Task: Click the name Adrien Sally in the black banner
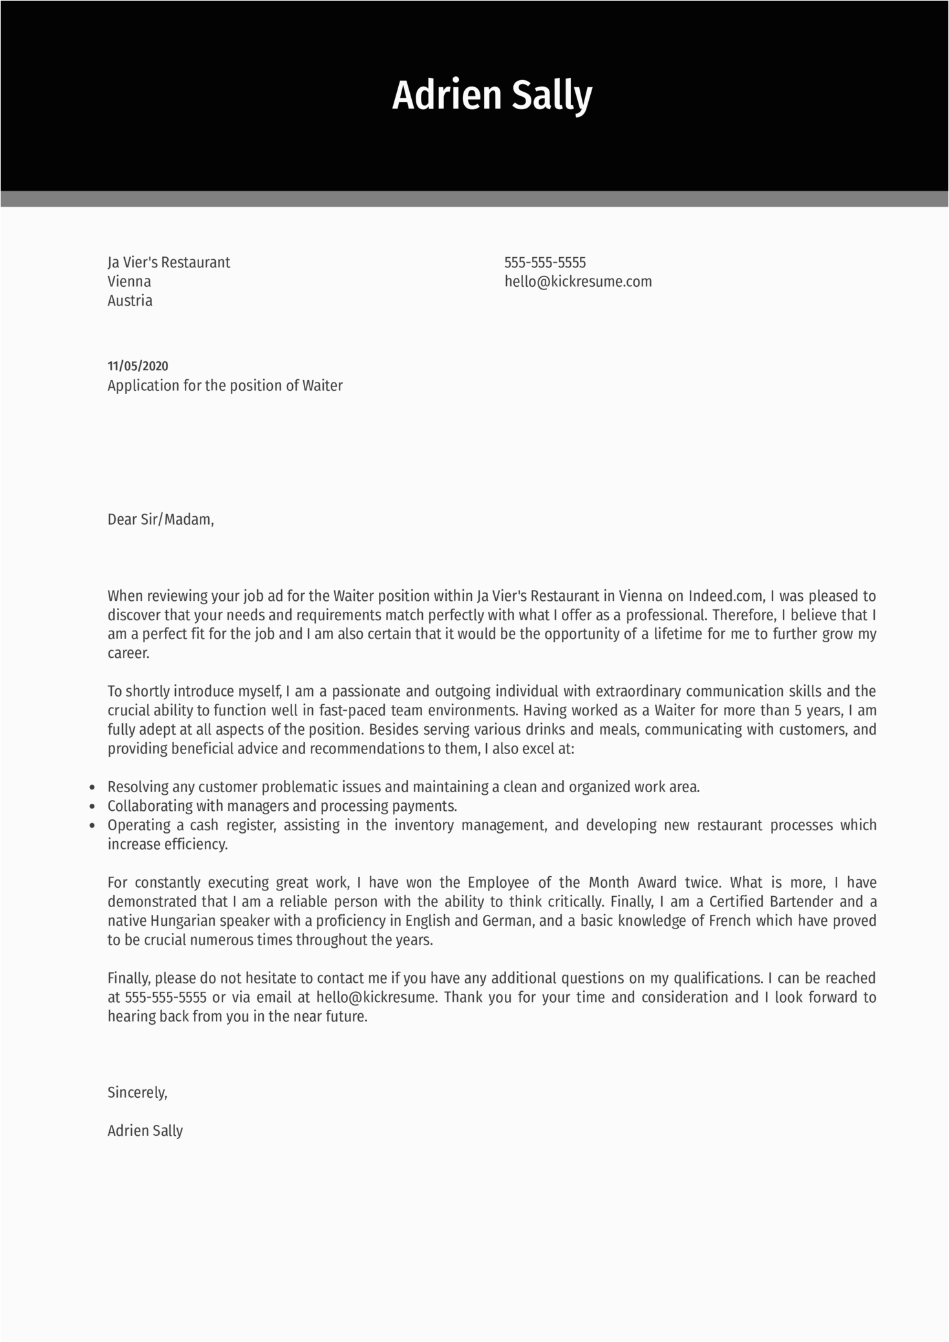point(492,96)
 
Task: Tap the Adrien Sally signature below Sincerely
point(145,1131)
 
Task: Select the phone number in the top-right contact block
point(545,262)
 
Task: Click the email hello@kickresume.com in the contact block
point(578,282)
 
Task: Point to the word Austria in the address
point(130,300)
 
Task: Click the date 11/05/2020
point(138,366)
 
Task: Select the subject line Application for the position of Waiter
point(225,386)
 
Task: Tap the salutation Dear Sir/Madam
point(160,519)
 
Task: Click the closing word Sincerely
point(137,1093)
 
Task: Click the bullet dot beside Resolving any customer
point(92,788)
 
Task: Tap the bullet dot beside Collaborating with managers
point(92,807)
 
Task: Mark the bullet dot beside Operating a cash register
point(92,826)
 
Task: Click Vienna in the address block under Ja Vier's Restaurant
point(129,282)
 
